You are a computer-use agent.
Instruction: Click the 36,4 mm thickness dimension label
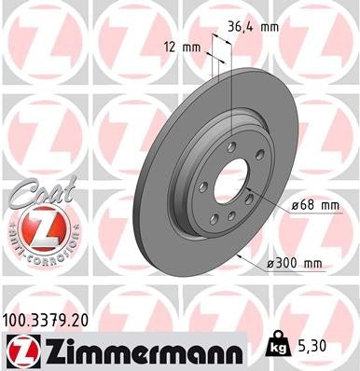point(252,27)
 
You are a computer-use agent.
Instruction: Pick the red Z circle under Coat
point(34,227)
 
